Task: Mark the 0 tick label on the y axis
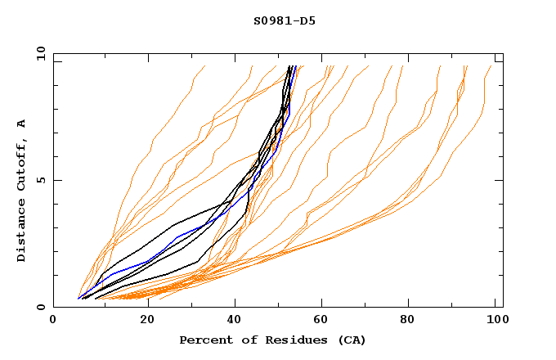(x=42, y=308)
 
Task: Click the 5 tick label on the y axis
(x=42, y=180)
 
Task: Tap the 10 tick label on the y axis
(x=38, y=53)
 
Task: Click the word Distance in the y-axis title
(x=22, y=232)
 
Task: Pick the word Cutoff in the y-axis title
(x=22, y=165)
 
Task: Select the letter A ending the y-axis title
(x=22, y=123)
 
